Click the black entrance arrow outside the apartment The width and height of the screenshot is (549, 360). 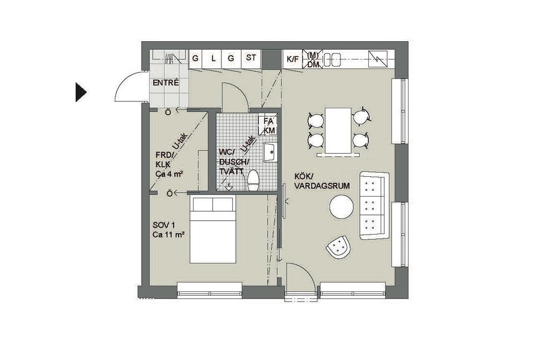coord(81,92)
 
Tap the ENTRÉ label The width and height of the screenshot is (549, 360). coord(166,83)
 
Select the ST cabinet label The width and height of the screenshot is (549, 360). coord(251,58)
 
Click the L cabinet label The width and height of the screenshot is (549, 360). coord(213,58)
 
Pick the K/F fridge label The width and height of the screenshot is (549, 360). coord(293,59)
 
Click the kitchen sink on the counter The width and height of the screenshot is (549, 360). coord(332,59)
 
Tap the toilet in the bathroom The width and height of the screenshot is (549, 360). coord(253,180)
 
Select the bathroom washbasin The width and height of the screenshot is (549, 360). coord(270,152)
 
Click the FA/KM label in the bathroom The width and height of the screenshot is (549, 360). coord(269,125)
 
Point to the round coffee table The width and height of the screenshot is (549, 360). coord(342,207)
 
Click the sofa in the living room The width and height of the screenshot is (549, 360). coord(374,206)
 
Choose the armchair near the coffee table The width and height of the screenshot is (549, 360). coord(338,246)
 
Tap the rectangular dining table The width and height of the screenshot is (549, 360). coord(338,130)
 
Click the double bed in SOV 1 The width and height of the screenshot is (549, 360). coord(212,230)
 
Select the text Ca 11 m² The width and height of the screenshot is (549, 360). coord(168,235)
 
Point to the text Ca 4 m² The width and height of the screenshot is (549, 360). coord(169,174)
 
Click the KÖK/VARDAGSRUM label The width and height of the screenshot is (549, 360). coord(322,182)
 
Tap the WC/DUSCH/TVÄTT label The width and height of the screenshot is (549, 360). coord(234,162)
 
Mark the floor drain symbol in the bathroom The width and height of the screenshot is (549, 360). coord(228,187)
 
